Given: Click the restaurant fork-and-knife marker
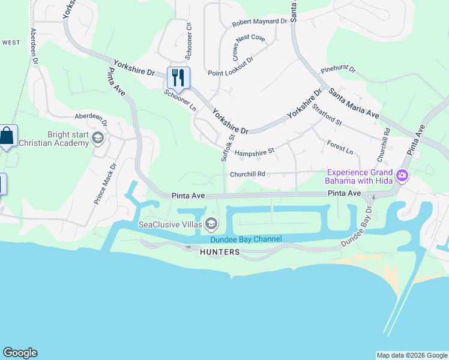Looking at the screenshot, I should tap(178, 77).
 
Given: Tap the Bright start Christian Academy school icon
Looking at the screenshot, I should tap(97, 139).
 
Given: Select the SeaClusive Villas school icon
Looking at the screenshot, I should tap(211, 224).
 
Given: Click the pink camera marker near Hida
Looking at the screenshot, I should tap(402, 176).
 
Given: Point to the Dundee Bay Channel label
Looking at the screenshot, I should tap(246, 239).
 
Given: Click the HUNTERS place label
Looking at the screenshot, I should tap(220, 253).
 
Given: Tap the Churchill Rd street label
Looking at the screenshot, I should tap(247, 175).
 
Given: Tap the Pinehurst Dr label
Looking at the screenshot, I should tap(338, 70).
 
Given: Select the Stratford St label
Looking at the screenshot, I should tap(327, 115).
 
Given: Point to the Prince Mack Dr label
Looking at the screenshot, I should tap(104, 184).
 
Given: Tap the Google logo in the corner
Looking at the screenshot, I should tap(20, 353).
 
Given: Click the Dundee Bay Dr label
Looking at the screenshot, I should tap(357, 229).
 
